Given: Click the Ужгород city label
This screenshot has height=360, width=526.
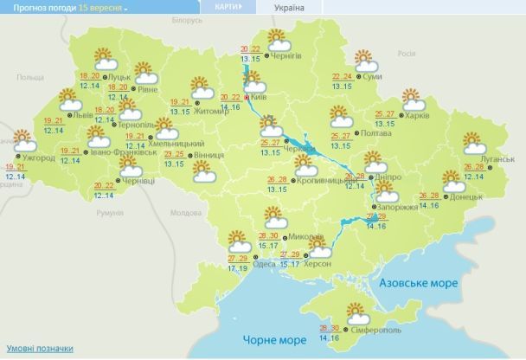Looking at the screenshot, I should coord(40,158).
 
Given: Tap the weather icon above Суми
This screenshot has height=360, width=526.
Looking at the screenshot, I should coord(366,61).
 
